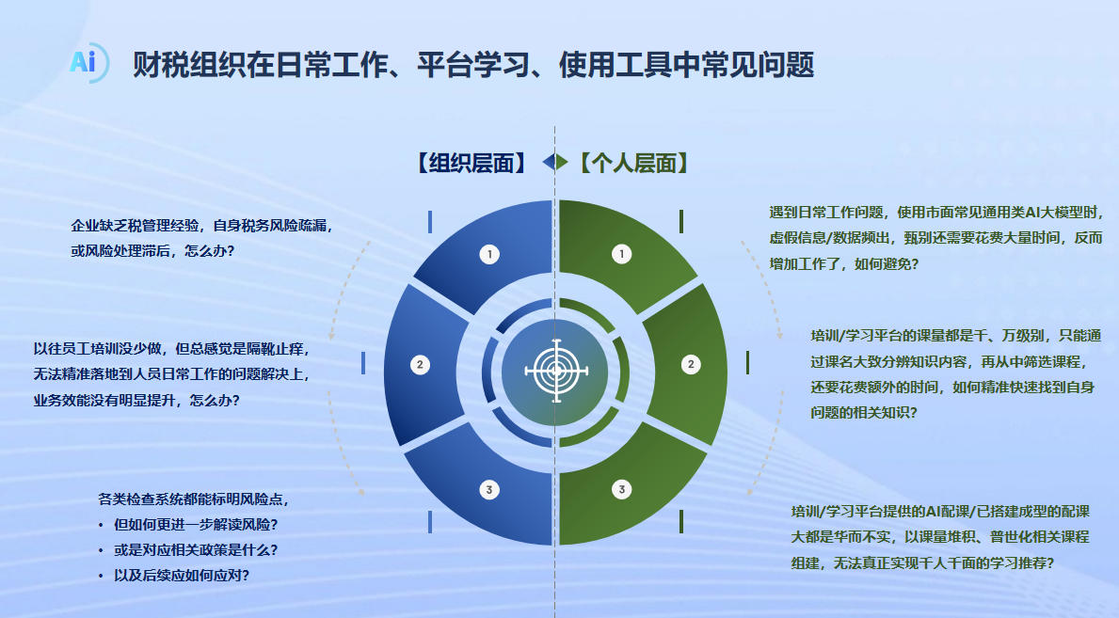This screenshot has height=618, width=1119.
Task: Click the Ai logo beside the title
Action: click(88, 63)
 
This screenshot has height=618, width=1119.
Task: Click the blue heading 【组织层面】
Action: click(472, 163)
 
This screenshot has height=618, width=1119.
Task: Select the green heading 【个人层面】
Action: click(633, 163)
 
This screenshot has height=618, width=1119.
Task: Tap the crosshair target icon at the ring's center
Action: click(556, 372)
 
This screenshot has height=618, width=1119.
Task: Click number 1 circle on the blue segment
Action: click(489, 254)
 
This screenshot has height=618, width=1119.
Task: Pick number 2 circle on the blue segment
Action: click(420, 365)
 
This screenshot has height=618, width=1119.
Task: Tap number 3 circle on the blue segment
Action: click(488, 489)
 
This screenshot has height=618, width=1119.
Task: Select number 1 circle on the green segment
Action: click(621, 254)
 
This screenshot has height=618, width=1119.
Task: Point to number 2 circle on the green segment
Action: click(690, 365)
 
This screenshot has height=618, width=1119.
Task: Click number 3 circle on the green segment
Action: click(621, 489)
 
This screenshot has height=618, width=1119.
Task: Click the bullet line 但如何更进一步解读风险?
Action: click(196, 525)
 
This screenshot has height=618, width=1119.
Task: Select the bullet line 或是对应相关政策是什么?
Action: click(196, 550)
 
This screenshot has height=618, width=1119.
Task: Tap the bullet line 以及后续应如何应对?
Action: click(182, 575)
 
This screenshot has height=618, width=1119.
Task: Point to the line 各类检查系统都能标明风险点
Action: click(193, 499)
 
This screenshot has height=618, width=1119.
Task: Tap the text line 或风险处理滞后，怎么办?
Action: click(152, 251)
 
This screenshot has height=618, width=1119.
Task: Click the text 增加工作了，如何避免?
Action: click(844, 264)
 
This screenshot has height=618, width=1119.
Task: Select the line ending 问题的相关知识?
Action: click(864, 413)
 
